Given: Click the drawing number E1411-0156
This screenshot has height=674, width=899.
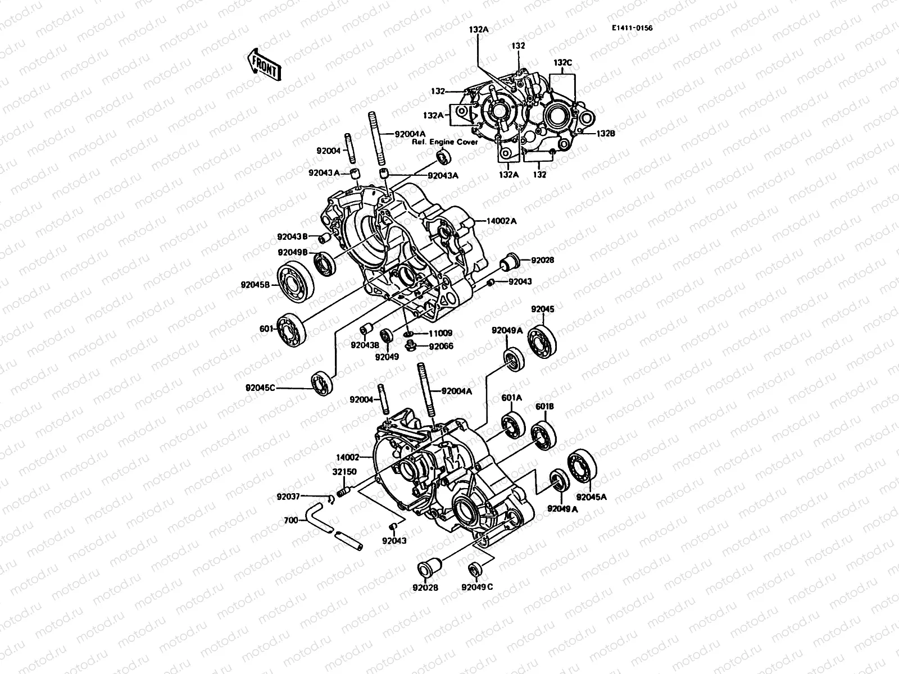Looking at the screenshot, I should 633,28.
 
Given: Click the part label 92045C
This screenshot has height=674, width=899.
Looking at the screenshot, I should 261,388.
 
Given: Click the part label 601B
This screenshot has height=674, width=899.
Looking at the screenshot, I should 544,407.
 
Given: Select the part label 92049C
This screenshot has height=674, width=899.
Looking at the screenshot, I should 478,588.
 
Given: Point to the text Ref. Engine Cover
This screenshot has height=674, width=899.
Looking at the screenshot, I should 453,142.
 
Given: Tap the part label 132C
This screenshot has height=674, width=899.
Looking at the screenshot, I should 564,63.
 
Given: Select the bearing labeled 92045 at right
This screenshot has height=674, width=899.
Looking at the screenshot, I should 542,337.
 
